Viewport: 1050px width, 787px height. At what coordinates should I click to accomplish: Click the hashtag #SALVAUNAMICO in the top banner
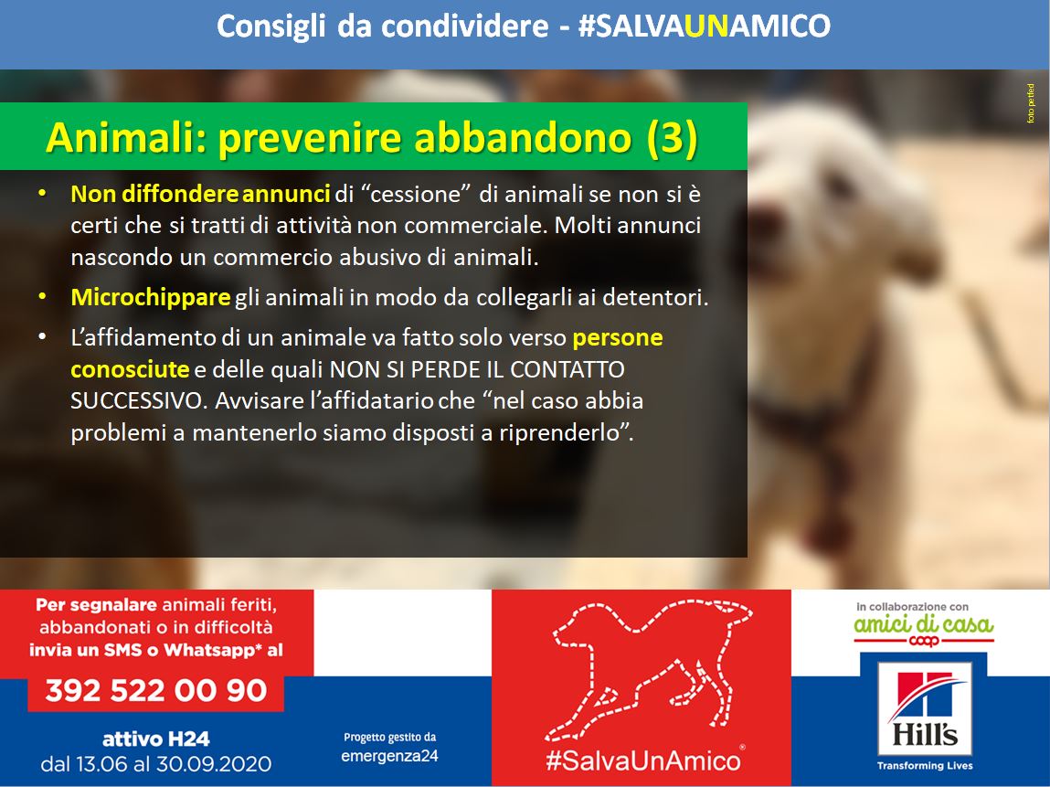click(x=704, y=27)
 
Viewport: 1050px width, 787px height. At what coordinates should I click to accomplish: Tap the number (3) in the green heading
click(x=673, y=138)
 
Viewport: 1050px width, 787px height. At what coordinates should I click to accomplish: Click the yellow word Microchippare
click(x=151, y=297)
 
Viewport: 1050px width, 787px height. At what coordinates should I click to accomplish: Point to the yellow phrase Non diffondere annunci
click(x=200, y=194)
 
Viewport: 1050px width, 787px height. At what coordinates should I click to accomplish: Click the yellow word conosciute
click(x=130, y=369)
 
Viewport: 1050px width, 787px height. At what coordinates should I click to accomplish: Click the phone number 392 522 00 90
click(x=156, y=690)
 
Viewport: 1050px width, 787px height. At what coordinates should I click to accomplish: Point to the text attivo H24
click(x=156, y=739)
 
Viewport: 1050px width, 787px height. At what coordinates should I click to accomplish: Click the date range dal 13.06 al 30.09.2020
click(x=156, y=763)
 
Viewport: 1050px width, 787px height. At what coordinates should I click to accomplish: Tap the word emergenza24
click(x=389, y=756)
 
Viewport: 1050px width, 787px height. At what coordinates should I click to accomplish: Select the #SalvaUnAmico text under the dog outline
click(x=642, y=760)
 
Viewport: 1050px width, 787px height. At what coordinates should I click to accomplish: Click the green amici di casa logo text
click(x=924, y=625)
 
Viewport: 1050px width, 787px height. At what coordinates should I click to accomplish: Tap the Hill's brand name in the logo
click(x=924, y=733)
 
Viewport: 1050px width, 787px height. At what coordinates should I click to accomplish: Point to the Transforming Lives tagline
click(x=925, y=765)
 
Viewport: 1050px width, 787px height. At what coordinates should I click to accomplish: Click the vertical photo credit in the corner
click(x=1031, y=103)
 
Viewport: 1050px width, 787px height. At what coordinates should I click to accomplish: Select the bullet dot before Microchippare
click(x=43, y=295)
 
